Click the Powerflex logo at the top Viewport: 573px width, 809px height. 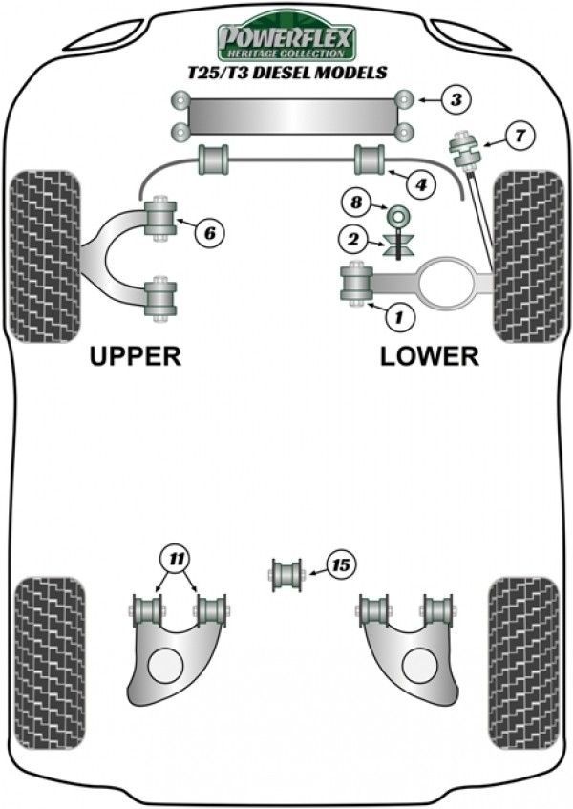click(x=286, y=41)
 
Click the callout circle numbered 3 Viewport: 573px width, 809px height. click(x=456, y=98)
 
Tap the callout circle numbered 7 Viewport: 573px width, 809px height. click(x=520, y=136)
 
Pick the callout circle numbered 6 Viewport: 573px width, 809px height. click(x=210, y=230)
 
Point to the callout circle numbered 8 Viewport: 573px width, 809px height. click(x=357, y=202)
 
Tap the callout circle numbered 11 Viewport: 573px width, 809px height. click(x=175, y=557)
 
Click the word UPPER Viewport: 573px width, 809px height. click(x=135, y=356)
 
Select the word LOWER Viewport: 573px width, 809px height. click(x=429, y=356)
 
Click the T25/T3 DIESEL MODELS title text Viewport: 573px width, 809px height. click(x=286, y=73)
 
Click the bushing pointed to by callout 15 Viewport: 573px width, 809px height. click(x=286, y=575)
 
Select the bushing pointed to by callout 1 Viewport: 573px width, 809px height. click(x=356, y=284)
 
